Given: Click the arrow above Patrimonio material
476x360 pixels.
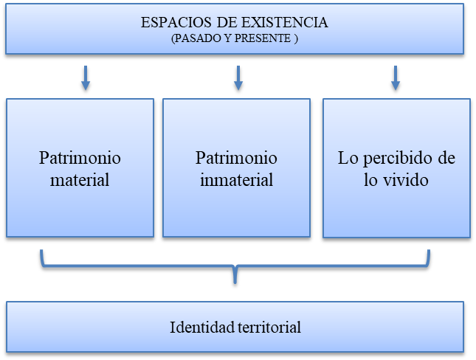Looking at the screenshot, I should tap(86, 77).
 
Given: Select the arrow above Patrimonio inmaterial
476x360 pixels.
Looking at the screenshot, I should tap(238, 77).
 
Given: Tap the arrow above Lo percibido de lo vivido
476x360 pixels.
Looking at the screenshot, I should tap(396, 77).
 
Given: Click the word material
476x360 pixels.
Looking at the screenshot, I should tap(80, 179).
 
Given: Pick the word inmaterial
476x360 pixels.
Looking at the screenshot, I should tap(236, 179).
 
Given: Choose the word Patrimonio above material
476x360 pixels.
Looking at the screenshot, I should tap(80, 158).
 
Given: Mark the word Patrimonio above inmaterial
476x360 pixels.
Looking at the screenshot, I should tap(236, 158).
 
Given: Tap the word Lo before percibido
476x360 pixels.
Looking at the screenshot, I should tap(347, 158).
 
